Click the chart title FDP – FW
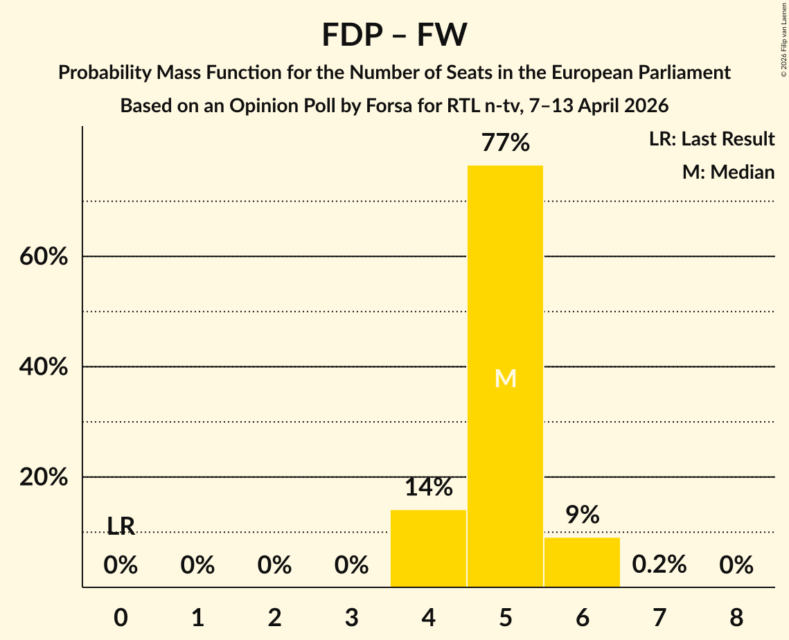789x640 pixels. point(394,35)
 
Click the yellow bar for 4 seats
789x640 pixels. point(428,548)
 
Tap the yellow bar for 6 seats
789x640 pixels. point(582,562)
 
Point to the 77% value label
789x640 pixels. point(505,143)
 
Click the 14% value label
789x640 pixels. point(428,488)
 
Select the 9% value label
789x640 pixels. point(582,515)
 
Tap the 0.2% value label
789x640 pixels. point(659,565)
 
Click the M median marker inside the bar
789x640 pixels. point(505,378)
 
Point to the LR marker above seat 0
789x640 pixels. point(121,526)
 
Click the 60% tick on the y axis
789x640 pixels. point(43,257)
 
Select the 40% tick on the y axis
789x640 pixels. point(43,367)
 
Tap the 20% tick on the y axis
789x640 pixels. point(43,478)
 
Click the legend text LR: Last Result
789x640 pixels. point(711,139)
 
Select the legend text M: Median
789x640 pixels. point(728,172)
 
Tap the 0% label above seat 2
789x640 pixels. point(274,566)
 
